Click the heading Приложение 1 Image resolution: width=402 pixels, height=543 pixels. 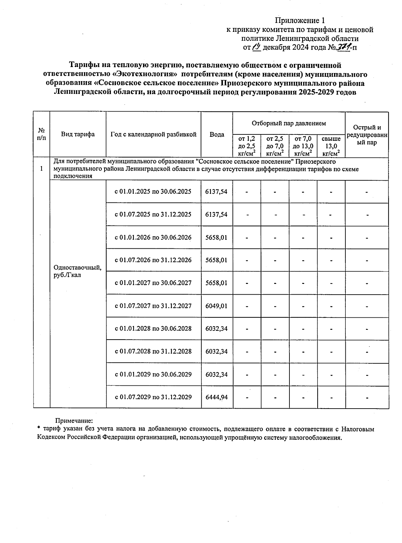point(300,20)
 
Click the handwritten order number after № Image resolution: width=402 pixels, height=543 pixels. point(342,47)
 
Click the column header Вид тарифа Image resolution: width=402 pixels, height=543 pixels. point(78,134)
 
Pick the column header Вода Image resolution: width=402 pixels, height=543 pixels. point(217,134)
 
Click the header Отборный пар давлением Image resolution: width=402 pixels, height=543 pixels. point(288,123)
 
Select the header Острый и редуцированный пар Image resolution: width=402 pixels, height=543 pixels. point(367,135)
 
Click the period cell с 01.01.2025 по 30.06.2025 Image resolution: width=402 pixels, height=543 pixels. point(153,192)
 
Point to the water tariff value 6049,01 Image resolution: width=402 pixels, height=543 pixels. point(216,306)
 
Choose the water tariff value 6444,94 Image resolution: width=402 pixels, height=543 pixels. point(216,397)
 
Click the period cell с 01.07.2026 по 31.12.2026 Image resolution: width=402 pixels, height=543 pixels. point(153,260)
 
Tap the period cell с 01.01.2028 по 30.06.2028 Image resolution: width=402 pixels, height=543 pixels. point(153,328)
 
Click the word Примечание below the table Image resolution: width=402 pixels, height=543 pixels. point(74,420)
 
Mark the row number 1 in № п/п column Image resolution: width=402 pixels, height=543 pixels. point(42,169)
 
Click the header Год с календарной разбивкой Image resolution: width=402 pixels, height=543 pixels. point(153,134)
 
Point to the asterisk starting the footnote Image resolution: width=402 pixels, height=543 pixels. point(39,428)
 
